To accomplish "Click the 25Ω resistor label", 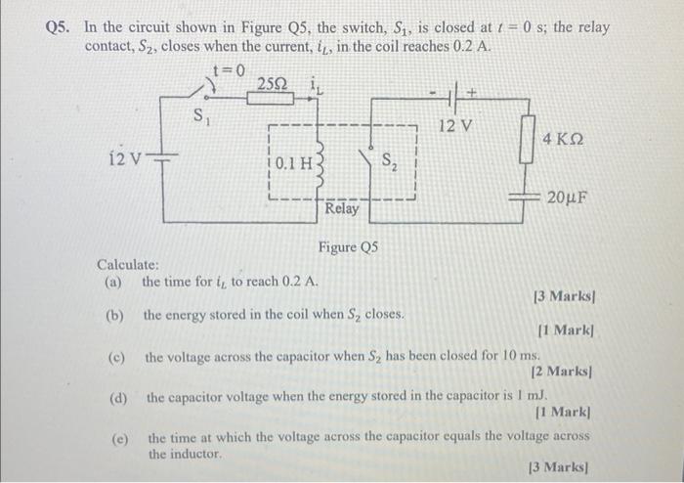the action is pyautogui.click(x=270, y=83).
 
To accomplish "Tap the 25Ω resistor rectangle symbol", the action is pyautogui.click(x=269, y=101).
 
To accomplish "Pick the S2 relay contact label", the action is pyautogui.click(x=388, y=161).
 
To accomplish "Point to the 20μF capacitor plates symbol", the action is pyautogui.click(x=528, y=197).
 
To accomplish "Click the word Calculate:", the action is pyautogui.click(x=128, y=265).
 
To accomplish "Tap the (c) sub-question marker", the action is pyautogui.click(x=115, y=358).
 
